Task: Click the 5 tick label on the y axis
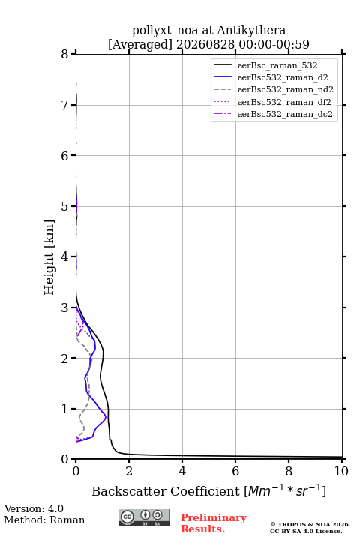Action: tap(65, 206)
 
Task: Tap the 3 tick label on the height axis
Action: tap(65, 307)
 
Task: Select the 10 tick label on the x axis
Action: tap(341, 471)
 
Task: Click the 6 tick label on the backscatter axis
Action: tap(235, 471)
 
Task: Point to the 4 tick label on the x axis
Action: tap(182, 471)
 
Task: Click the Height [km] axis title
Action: tap(49, 257)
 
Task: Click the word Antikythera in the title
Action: tap(251, 30)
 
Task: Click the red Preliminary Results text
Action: tap(214, 523)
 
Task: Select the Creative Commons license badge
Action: tap(144, 517)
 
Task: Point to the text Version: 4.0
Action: tap(34, 508)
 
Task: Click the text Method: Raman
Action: tap(44, 520)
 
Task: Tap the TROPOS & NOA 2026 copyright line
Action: tap(310, 524)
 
